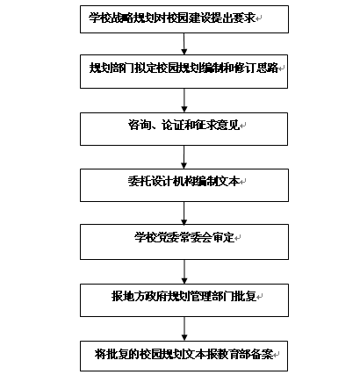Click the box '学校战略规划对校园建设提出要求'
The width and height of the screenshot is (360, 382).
(184, 19)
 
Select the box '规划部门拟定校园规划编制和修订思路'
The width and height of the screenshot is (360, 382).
(184, 71)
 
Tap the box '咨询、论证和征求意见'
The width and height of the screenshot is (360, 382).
(184, 129)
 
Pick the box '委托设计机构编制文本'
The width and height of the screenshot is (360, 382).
(184, 185)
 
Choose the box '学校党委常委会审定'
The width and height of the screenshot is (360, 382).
(184, 241)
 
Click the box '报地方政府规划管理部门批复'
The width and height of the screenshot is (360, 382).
(184, 300)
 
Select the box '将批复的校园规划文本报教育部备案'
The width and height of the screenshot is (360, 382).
(184, 356)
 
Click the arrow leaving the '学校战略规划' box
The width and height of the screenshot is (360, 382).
(184, 44)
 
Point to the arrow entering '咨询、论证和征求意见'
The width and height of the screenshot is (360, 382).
(184, 100)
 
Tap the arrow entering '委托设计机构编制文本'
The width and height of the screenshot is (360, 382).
(184, 157)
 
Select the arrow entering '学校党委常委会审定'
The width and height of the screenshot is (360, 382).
(184, 213)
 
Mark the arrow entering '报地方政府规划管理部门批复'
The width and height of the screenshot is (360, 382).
(184, 271)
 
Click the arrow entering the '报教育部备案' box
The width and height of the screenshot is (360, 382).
(184, 328)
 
